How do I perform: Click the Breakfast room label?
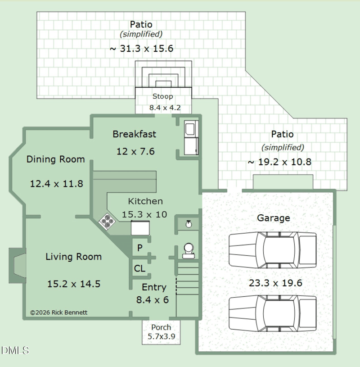point(135,134)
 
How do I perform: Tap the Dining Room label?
point(56,159)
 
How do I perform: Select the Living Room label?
point(73,257)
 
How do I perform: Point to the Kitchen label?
point(145,201)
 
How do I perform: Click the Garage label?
point(273,218)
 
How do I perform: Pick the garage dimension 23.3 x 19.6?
point(275,283)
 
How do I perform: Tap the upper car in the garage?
point(273,249)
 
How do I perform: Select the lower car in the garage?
point(273,313)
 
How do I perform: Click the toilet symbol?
point(188,251)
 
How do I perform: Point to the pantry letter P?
point(140,247)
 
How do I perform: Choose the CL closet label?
point(139,268)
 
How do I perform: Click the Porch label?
point(161,327)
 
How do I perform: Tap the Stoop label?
point(163,96)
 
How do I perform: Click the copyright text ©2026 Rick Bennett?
point(59,313)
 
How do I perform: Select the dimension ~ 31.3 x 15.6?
point(141,49)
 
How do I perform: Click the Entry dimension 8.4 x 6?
point(153,299)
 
